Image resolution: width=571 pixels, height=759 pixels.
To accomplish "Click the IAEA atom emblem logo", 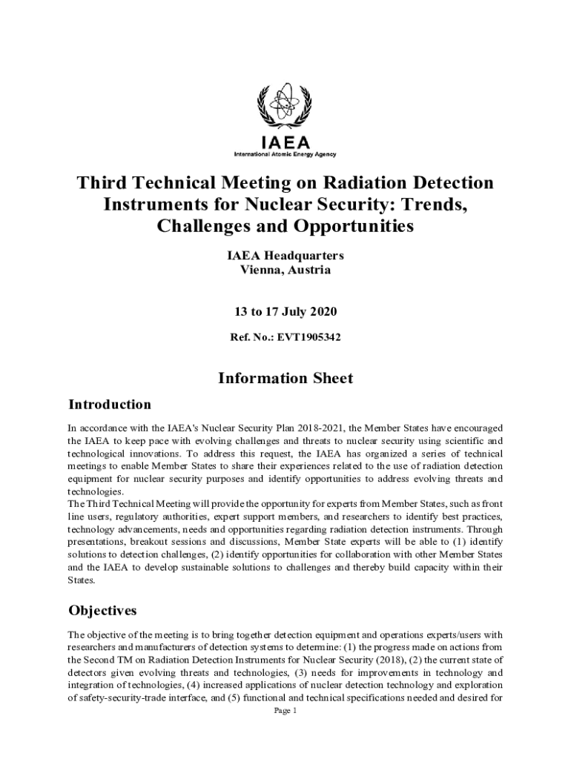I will (285, 107).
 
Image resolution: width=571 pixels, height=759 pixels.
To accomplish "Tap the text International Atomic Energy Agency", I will (285, 154).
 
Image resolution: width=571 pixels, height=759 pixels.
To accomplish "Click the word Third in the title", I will (102, 182).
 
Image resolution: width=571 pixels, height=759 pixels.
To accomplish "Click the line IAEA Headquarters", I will (285, 256).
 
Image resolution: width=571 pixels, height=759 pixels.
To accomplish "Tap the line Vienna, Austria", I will (285, 270).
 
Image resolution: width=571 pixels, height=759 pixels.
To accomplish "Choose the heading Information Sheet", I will (285, 378).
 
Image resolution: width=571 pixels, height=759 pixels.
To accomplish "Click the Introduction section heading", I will (110, 405).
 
